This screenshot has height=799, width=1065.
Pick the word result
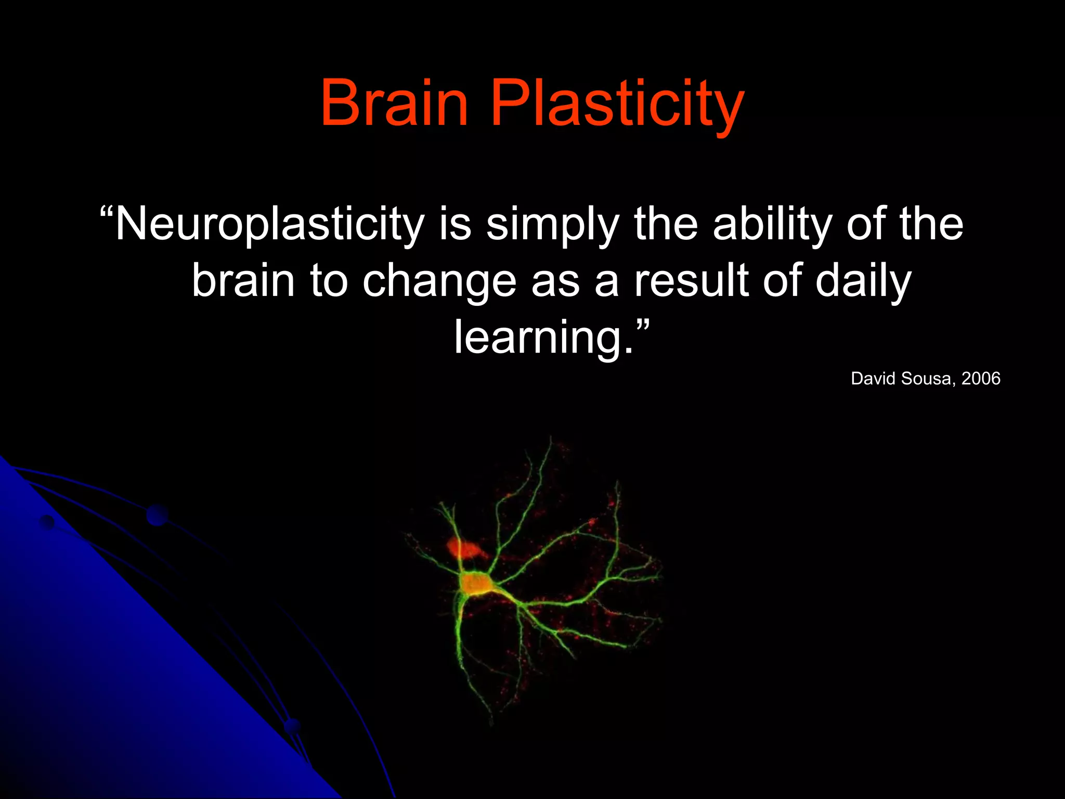691,281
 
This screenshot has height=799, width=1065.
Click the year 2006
981,378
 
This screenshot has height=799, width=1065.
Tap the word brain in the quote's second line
243,281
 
